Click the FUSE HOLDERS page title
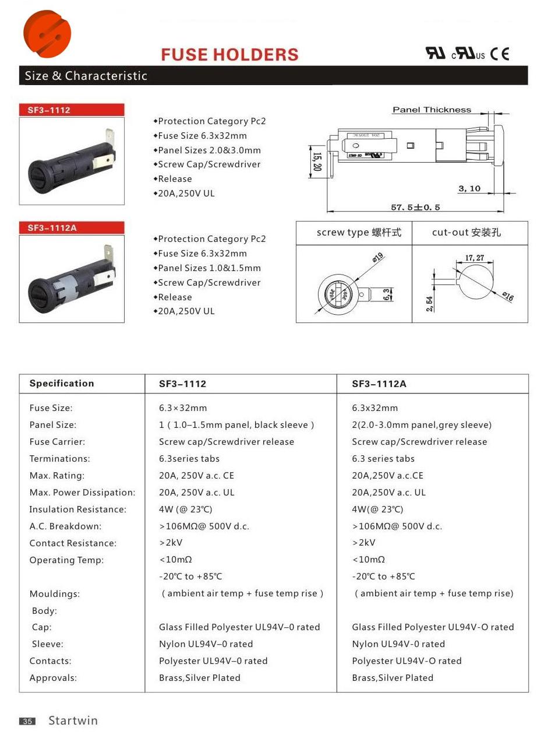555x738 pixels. click(x=229, y=55)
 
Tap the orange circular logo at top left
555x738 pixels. click(x=47, y=34)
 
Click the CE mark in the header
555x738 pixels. click(x=499, y=54)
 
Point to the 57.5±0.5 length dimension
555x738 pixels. click(x=415, y=207)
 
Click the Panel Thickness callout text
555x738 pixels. click(x=432, y=110)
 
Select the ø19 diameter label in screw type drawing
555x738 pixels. click(x=377, y=257)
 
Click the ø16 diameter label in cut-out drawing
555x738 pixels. click(x=508, y=297)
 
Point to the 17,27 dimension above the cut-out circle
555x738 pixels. click(x=475, y=258)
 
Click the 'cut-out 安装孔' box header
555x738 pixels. click(x=466, y=233)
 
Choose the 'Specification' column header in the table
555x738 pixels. click(x=62, y=383)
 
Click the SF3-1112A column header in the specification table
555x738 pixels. click(x=379, y=384)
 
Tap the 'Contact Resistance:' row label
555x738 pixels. click(x=73, y=543)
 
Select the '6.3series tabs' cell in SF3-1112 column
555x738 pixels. click(x=189, y=459)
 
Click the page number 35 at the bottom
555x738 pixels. click(x=27, y=721)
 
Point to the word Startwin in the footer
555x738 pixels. click(x=73, y=721)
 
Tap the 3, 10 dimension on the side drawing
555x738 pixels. click(x=469, y=188)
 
